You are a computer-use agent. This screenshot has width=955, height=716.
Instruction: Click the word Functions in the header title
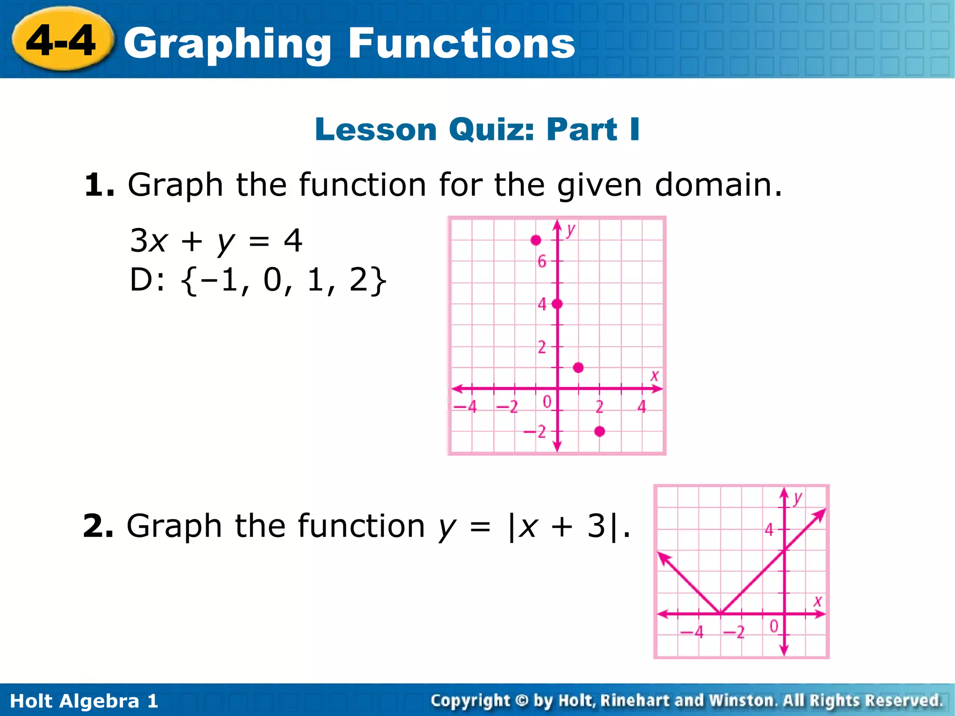[x=461, y=44]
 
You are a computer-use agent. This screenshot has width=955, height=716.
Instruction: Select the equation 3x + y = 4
[x=216, y=241]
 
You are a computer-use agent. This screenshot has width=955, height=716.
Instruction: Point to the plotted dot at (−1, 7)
[x=536, y=240]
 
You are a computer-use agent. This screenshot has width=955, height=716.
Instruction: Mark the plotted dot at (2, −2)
[x=600, y=431]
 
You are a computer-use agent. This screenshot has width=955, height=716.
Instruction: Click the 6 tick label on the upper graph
[x=541, y=262]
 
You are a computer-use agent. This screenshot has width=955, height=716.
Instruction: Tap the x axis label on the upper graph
[x=655, y=375]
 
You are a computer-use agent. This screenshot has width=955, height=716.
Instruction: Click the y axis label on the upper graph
[x=571, y=229]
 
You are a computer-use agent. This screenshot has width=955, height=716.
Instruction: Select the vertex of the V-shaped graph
[x=720, y=613]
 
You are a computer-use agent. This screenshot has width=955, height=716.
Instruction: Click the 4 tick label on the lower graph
[x=769, y=530]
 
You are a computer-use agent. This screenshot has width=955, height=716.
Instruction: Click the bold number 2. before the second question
[x=97, y=526]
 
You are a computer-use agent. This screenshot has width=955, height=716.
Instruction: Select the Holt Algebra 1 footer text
[x=84, y=701]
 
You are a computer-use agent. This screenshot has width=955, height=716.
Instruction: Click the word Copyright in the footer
[x=470, y=700]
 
